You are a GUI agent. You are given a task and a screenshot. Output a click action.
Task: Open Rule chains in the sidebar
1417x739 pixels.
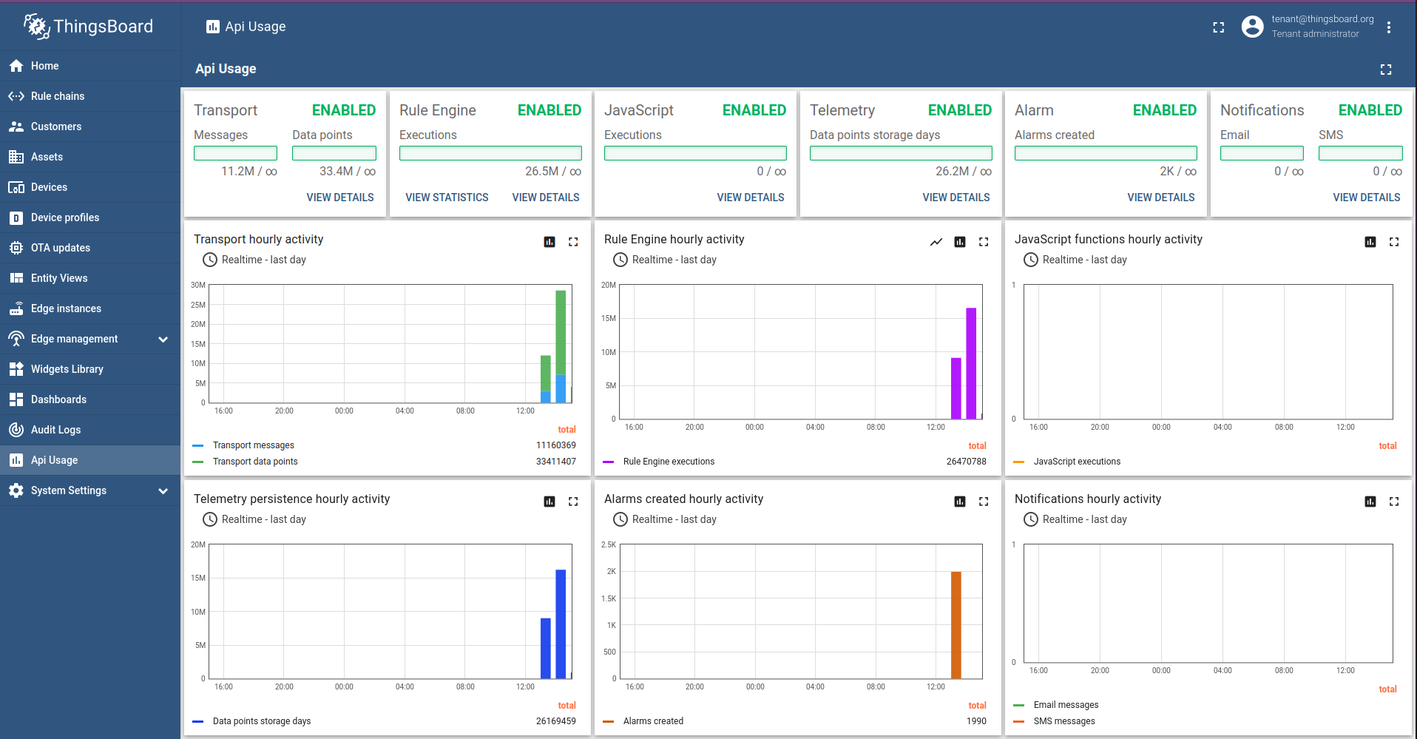tap(57, 96)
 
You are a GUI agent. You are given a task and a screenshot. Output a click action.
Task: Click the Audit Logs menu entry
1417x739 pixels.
tap(55, 430)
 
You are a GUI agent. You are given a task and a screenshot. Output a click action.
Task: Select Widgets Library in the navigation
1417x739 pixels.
tap(67, 369)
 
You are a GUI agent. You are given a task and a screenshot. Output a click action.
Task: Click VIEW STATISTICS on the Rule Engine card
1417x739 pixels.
tap(447, 198)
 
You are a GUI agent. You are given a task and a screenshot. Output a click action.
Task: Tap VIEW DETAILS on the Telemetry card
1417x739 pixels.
tap(956, 198)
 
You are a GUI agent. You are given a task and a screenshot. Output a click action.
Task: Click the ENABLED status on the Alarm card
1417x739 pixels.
tap(1164, 110)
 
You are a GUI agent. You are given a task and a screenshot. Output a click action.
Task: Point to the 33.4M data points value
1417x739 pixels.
tap(347, 171)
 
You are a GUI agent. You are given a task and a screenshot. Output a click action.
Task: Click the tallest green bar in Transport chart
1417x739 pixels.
tap(561, 333)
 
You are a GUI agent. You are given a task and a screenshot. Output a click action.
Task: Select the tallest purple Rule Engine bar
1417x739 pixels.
tap(970, 362)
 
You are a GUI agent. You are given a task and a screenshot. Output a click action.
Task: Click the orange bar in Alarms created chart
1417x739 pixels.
tap(956, 624)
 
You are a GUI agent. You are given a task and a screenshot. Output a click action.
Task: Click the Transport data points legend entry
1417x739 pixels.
tap(255, 462)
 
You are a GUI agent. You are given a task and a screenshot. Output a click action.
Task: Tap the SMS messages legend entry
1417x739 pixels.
tap(1063, 721)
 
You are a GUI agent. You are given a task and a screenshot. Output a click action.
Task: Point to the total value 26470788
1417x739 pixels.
tap(966, 462)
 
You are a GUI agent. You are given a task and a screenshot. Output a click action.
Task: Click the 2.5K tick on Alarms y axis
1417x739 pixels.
tap(608, 544)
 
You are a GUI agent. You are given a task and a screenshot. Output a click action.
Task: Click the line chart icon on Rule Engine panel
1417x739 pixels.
tap(936, 242)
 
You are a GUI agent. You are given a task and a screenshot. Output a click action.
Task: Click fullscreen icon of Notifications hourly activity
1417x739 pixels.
tap(1394, 502)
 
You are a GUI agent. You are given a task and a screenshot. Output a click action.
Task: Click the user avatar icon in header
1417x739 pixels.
tap(1252, 27)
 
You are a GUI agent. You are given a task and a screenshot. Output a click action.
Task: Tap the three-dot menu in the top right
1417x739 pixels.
tap(1389, 27)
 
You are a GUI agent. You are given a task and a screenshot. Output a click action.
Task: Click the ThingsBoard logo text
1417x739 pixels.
tap(103, 27)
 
